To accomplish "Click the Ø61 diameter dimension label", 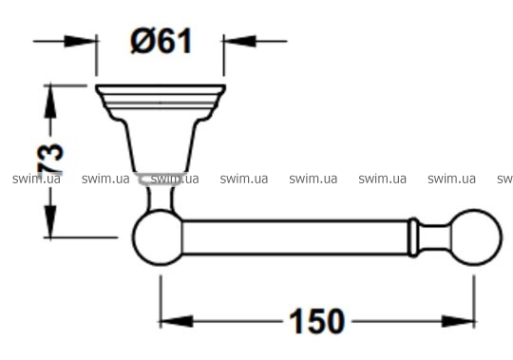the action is point(161,41).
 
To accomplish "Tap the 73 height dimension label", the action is point(50,159).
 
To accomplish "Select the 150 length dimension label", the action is point(316,321).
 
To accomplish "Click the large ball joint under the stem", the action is point(158,237).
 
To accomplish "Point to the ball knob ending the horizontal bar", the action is point(476,237).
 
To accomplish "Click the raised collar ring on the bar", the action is point(413,237).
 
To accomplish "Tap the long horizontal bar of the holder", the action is point(295,237).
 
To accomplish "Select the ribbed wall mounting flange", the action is point(161,102).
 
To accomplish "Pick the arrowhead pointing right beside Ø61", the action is point(80,41).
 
